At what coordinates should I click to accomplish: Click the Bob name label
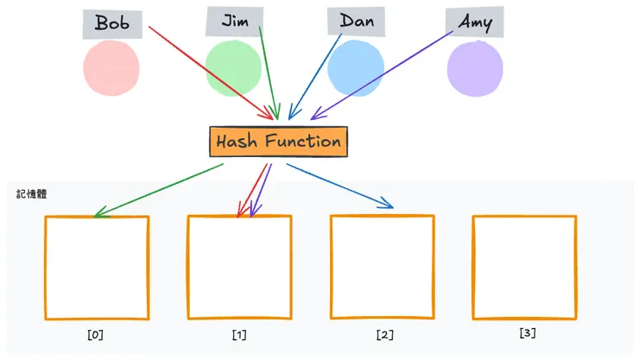coord(112,23)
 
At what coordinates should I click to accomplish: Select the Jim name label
coord(234,21)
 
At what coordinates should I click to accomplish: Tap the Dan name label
coord(357,21)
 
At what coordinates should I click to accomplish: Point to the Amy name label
coord(475,22)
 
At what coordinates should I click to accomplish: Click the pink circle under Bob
coord(111,68)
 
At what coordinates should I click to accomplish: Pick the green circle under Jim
coord(233,68)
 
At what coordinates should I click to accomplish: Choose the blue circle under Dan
coord(356,68)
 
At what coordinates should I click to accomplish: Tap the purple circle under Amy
coord(475,68)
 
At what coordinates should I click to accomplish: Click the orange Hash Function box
coord(278,142)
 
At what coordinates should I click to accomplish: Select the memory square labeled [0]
coord(97,268)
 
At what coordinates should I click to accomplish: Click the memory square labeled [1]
coord(239,268)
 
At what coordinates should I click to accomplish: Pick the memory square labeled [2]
coord(382,268)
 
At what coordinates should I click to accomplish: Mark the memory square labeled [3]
coord(524,268)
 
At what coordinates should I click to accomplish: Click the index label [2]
coord(384,334)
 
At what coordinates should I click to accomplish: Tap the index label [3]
coord(527,332)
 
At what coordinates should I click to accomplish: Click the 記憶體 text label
coord(31,194)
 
